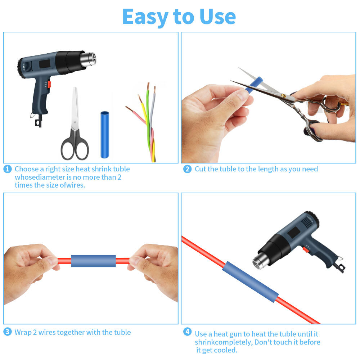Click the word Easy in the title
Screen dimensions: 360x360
click(x=145, y=17)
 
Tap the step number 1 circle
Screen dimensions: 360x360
click(x=8, y=169)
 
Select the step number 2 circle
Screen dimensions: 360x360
click(x=187, y=169)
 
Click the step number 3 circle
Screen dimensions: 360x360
click(x=8, y=332)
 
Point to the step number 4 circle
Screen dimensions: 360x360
click(x=187, y=332)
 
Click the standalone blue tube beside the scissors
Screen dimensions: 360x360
click(x=104, y=134)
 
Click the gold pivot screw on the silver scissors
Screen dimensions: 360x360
click(x=284, y=96)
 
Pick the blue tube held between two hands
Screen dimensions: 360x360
click(x=93, y=261)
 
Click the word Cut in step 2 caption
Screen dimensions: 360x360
click(x=201, y=169)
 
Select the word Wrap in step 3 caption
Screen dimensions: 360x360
click(x=23, y=332)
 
